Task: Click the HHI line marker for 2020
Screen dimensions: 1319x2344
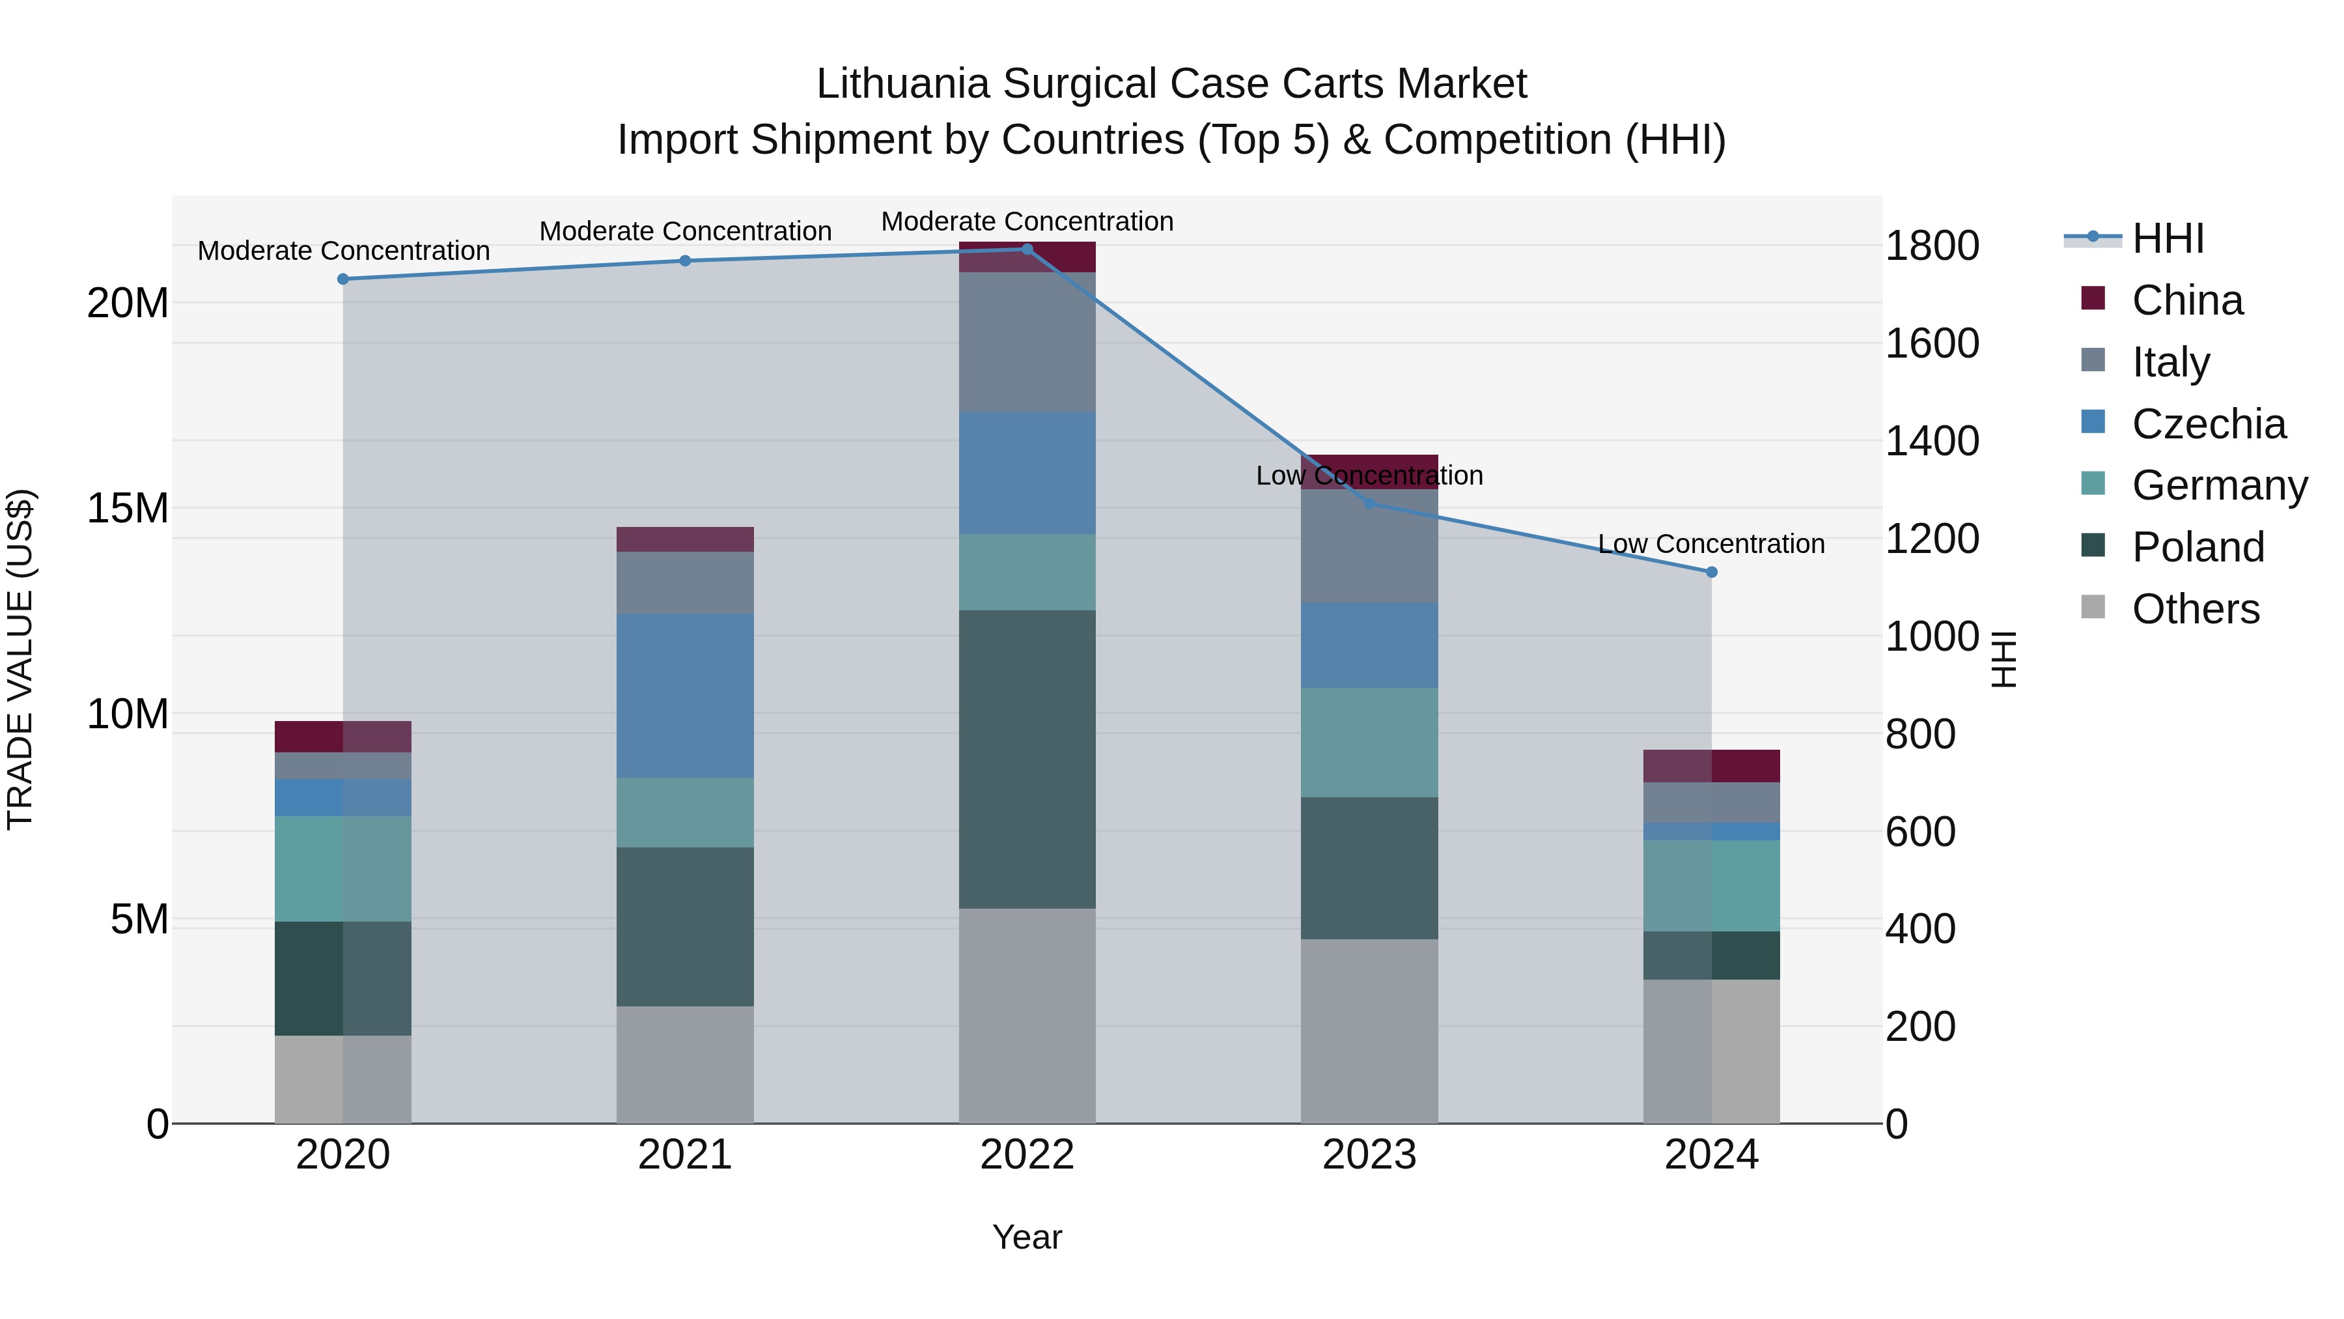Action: click(x=343, y=279)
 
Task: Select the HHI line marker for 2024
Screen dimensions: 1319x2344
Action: click(x=1712, y=573)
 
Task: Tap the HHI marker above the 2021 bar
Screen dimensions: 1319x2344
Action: click(x=685, y=261)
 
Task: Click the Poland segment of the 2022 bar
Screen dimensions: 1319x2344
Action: click(x=1027, y=759)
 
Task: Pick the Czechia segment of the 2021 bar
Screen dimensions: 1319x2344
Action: click(x=685, y=696)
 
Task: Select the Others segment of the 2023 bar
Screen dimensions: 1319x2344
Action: click(x=1369, y=1031)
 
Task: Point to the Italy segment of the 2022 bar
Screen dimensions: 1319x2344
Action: click(x=1027, y=342)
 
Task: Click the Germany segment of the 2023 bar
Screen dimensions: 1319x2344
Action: click(x=1369, y=743)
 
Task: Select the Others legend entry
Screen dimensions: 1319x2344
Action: click(x=2195, y=609)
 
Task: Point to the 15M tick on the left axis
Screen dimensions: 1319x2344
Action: click(x=128, y=508)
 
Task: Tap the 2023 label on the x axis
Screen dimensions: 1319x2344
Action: click(x=1369, y=1155)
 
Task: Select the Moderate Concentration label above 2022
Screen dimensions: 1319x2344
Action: click(x=1027, y=221)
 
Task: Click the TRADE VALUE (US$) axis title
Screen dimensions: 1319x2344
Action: click(x=20, y=659)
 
